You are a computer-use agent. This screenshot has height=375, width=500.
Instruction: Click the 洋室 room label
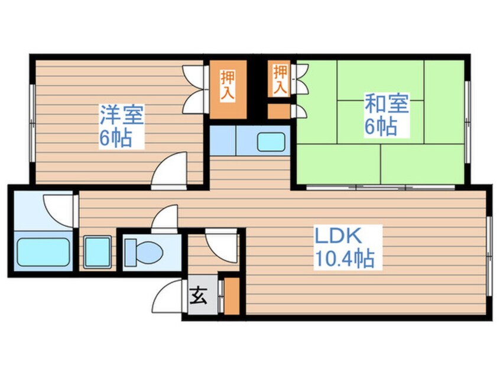pyautogui.click(x=121, y=114)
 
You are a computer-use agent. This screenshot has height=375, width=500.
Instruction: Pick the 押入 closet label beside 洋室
pyautogui.click(x=228, y=85)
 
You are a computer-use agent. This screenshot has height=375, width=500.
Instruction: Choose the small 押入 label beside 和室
pyautogui.click(x=280, y=79)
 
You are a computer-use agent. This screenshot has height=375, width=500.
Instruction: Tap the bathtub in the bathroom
pyautogui.click(x=43, y=252)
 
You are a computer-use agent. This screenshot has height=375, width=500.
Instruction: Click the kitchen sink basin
pyautogui.click(x=272, y=142)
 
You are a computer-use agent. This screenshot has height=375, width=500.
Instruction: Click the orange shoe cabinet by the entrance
pyautogui.click(x=232, y=295)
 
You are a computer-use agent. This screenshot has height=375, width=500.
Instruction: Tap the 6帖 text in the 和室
pyautogui.click(x=382, y=127)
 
